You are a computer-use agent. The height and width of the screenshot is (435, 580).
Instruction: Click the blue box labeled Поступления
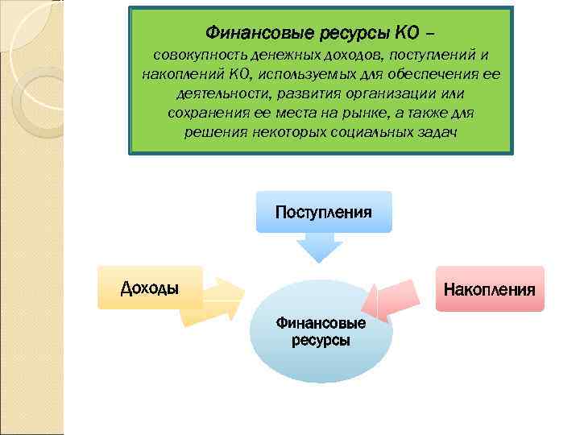point(323,212)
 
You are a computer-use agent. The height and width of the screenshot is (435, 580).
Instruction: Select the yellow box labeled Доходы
point(150,288)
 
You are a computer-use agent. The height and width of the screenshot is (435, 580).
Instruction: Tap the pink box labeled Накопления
point(489,288)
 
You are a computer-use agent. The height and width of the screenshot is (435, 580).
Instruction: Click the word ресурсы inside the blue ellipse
point(321,340)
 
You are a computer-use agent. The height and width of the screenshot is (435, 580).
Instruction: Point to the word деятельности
point(214,93)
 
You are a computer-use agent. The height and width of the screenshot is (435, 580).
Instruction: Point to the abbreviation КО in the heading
point(405,33)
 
